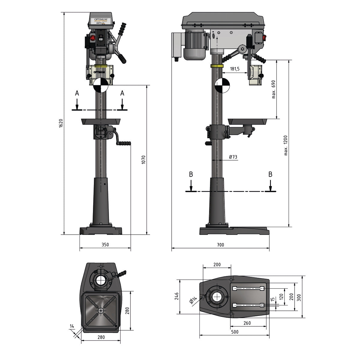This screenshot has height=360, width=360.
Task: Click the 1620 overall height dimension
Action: (x=61, y=124)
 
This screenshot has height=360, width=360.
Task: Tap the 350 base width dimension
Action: (x=105, y=245)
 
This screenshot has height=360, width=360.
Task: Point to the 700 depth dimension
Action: (x=220, y=245)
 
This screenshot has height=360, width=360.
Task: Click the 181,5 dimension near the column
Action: (x=235, y=69)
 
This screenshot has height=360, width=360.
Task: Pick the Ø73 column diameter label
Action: (x=233, y=157)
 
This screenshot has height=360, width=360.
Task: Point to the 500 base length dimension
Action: (x=235, y=332)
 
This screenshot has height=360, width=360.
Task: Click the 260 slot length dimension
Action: (x=247, y=323)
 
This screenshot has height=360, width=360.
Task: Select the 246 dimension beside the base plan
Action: (x=176, y=296)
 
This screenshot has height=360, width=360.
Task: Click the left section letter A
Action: (x=77, y=94)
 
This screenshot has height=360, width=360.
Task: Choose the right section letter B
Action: (x=270, y=174)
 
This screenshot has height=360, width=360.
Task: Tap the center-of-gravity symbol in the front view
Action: (x=100, y=85)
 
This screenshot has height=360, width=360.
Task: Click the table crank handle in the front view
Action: (x=124, y=143)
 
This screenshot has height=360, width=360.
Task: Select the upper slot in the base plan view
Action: (x=248, y=289)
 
